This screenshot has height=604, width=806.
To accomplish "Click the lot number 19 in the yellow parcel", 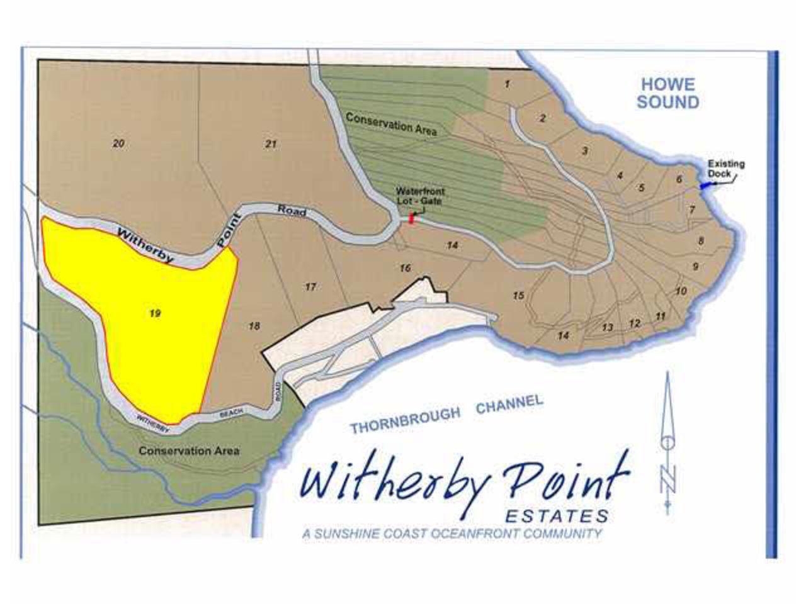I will (155, 313).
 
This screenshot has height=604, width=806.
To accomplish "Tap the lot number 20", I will (118, 143).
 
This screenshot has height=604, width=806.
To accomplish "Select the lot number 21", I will (271, 144).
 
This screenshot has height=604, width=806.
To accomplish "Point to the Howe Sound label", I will (667, 93).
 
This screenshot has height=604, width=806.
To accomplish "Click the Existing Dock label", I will (725, 169).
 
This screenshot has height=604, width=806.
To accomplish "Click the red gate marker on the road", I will (412, 218).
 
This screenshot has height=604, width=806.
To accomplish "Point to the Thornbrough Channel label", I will (446, 415).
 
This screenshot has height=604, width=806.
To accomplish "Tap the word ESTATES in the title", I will (557, 517).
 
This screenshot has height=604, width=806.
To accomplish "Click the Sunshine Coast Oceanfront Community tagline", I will (452, 534).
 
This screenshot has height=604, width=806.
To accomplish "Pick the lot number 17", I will (310, 287).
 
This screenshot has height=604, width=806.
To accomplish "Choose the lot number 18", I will (254, 326).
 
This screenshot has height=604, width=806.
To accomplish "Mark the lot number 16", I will (405, 268).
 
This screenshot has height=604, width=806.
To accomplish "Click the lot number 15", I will (518, 295).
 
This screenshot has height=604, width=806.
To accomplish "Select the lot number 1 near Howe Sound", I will (507, 84).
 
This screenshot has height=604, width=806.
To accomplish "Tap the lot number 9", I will (695, 266).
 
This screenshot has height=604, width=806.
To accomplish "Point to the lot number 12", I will (635, 323).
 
